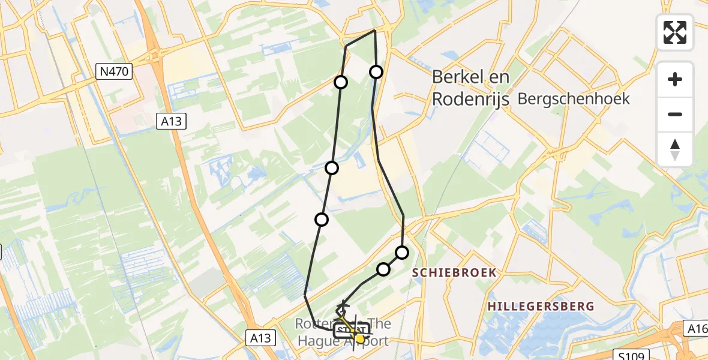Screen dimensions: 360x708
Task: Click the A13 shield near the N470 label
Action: pos(173,121)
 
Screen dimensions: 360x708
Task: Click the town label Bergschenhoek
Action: pos(573,99)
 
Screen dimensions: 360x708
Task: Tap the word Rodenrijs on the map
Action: pos(471,99)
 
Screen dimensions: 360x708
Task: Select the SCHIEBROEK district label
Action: pos(454,272)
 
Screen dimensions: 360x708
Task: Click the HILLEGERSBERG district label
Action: pos(541,307)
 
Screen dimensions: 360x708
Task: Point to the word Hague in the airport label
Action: pos(322,341)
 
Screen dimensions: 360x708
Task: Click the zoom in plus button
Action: pos(675,79)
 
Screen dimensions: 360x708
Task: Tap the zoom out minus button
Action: pos(675,114)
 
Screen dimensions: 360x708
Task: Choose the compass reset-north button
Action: pos(675,149)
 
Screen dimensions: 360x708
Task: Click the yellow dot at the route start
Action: pos(359,338)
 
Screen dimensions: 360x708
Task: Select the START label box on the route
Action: pos(352,330)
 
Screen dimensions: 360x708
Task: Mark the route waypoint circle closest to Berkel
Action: pos(376,72)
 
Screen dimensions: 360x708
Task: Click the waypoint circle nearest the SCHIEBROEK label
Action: pos(402,253)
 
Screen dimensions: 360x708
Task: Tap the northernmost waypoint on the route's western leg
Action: pos(341,82)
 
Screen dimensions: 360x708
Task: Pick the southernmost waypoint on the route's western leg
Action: pos(322,220)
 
